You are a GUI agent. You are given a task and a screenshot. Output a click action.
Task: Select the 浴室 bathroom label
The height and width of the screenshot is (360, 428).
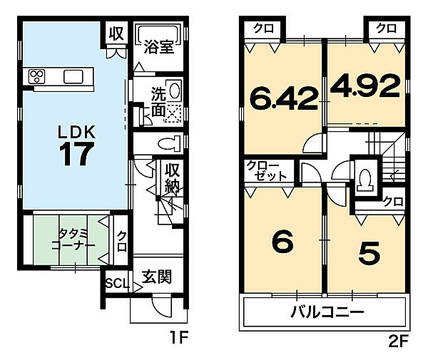158,48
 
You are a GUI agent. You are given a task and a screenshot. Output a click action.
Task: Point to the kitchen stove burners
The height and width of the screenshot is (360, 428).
38,76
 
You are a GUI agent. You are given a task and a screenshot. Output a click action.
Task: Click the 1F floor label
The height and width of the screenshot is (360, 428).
178,339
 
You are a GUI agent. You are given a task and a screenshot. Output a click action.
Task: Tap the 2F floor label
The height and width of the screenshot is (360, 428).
398,339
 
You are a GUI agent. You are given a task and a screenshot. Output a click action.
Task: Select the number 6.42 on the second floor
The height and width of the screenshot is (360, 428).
283,98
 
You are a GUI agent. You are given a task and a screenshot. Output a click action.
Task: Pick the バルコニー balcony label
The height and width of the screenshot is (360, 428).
327,312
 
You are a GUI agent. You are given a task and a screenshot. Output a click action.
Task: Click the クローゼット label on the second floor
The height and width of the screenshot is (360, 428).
267,171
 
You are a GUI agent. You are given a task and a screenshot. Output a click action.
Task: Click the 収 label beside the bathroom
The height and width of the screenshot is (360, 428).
115,32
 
